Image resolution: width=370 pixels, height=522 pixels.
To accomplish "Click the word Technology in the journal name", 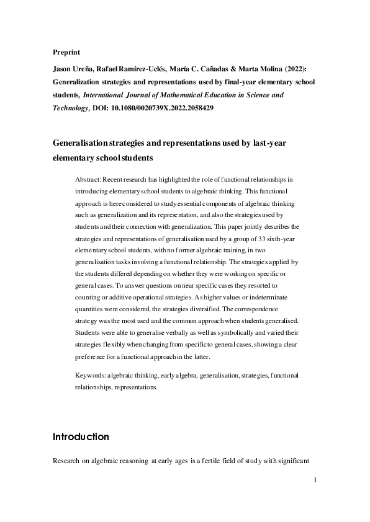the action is pyautogui.click(x=71, y=107).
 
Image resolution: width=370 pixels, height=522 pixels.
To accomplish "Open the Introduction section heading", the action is pyautogui.click(x=81, y=436).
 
